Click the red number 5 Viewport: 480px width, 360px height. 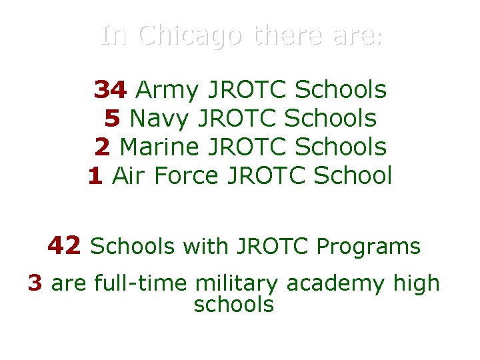tap(112, 118)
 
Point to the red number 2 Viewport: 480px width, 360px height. tap(102, 147)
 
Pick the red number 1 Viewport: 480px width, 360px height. tap(95, 176)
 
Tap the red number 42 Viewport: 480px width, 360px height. tap(64, 246)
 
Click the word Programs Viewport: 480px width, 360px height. tap(369, 247)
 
